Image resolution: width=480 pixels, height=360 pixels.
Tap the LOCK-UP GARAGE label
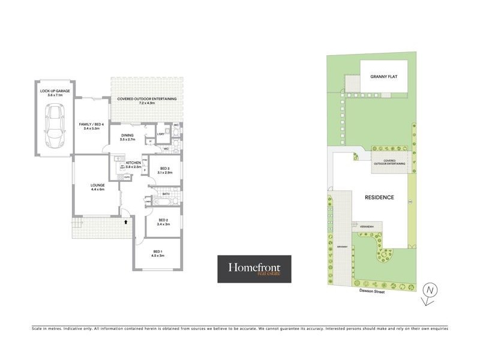coord(55,92)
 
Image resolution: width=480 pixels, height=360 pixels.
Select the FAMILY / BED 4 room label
coord(92,126)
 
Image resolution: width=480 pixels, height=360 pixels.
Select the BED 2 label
coord(163,222)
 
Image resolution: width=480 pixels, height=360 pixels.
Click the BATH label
coord(165,194)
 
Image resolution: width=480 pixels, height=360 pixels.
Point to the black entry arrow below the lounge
coord(125,221)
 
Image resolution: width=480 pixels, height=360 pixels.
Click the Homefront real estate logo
coord(254,269)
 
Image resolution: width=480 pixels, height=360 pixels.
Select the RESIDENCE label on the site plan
coord(379,197)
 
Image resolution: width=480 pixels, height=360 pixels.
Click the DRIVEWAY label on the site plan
coord(342,247)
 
